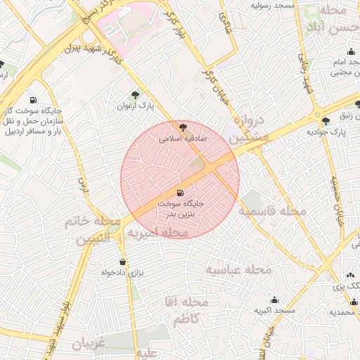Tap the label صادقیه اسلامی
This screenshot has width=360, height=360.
pos(184,139)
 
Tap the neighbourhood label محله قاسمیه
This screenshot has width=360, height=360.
pos(271,211)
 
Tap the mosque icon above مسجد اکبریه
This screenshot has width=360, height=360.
pos(274,300)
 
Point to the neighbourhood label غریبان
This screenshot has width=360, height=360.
pos(87,345)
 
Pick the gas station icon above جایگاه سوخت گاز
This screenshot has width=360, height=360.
pos(33,100)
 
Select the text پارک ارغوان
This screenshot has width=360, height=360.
pos(134,106)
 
